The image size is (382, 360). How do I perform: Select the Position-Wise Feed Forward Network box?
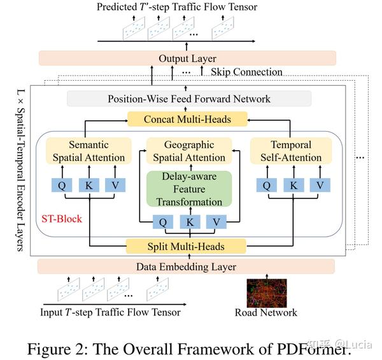pyautogui.click(x=189, y=99)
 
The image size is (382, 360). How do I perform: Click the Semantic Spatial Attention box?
pyautogui.click(x=89, y=151)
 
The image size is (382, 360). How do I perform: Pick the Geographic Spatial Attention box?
pyautogui.click(x=187, y=151)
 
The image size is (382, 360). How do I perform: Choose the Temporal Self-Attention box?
pyautogui.click(x=290, y=151)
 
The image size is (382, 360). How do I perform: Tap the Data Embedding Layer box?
pyautogui.click(x=186, y=267)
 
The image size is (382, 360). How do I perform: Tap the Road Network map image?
pyautogui.click(x=266, y=293)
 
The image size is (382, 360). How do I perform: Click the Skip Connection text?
pyautogui.click(x=246, y=72)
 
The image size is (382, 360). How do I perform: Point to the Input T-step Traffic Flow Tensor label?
pyautogui.click(x=110, y=312)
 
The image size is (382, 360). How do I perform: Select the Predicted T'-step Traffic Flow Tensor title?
pyautogui.click(x=176, y=7)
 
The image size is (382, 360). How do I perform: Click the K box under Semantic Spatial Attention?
pyautogui.click(x=89, y=185)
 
